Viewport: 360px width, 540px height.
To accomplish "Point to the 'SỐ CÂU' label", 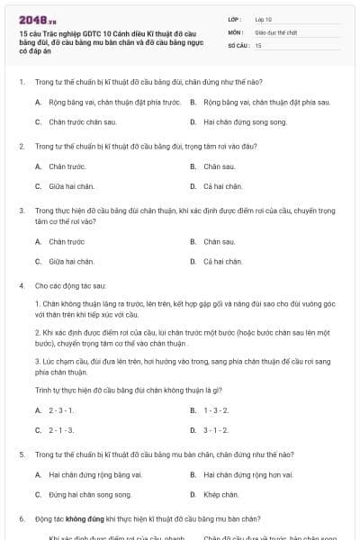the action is point(237,44).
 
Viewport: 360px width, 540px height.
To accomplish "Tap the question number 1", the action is point(21,82).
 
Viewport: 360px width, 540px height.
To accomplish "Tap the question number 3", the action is point(21,210).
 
